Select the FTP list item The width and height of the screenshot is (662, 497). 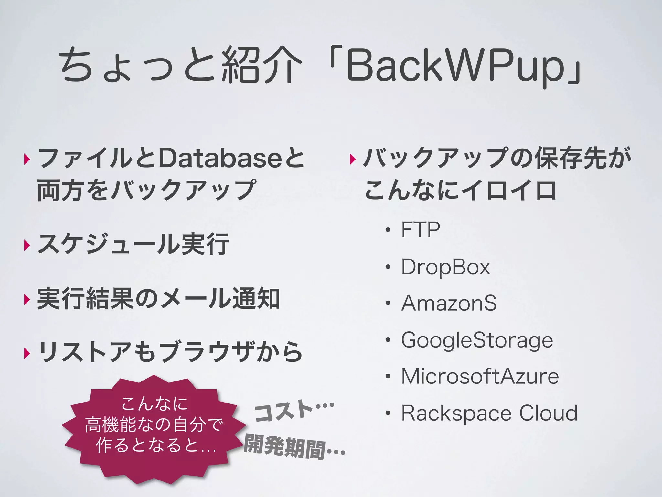[420, 230]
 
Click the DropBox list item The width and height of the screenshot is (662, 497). [445, 267]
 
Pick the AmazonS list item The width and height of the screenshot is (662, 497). [449, 303]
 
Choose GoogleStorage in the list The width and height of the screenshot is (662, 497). [477, 341]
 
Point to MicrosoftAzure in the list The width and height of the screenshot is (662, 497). [480, 376]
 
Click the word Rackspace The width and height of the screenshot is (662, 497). [456, 414]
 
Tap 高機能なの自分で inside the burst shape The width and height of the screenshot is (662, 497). [154, 425]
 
